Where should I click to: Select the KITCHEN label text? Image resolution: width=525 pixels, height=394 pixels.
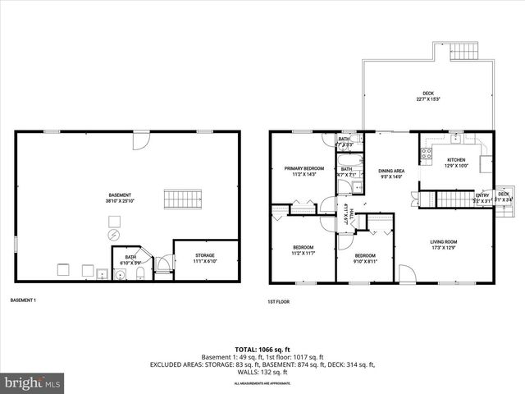click(456, 160)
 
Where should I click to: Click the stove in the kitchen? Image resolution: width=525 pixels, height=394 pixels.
click(427, 152)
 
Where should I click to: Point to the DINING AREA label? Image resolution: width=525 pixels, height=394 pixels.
click(392, 172)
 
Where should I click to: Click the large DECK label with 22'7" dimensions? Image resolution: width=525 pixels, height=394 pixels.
click(429, 95)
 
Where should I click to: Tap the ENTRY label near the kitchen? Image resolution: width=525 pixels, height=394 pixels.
click(482, 195)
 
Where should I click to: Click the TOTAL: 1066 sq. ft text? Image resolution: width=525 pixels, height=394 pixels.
click(262, 349)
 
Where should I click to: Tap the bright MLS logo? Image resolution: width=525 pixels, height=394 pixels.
click(33, 383)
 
